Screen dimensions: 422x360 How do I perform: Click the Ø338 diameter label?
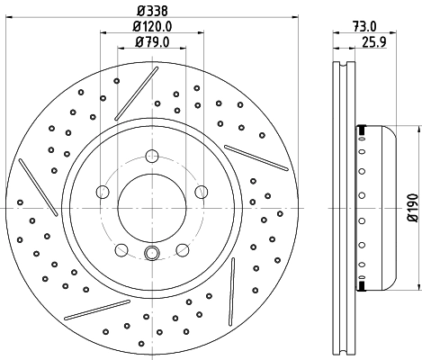152,11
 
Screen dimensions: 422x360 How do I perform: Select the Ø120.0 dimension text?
152,27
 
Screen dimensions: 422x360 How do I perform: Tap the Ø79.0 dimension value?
152,42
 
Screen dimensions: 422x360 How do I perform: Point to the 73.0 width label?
364,27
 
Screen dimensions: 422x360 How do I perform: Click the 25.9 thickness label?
373,42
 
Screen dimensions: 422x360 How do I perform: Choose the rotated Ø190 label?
413,208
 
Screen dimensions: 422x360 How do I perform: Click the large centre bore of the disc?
152,208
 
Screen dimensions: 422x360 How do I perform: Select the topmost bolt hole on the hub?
152,156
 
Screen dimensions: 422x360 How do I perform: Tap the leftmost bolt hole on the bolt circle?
103,192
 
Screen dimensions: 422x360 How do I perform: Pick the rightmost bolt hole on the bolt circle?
202,192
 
